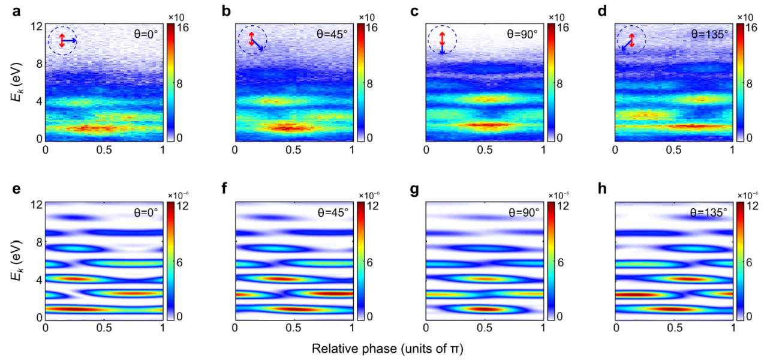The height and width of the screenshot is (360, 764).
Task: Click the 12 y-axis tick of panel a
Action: (x=37, y=26)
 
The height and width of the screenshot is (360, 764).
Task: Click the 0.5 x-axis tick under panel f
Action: (x=293, y=328)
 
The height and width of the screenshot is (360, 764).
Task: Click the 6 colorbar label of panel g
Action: (x=561, y=262)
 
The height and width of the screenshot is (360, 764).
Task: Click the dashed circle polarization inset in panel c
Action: (x=442, y=40)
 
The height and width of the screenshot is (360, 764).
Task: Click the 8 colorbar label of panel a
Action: (x=179, y=83)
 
